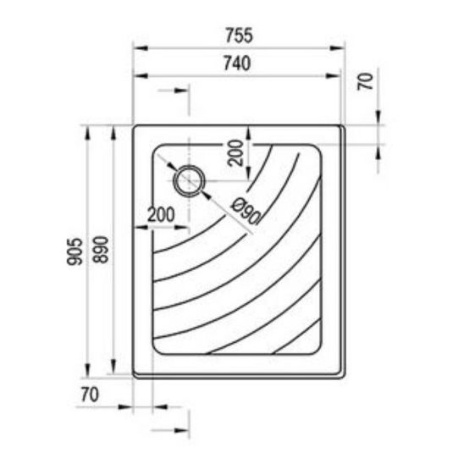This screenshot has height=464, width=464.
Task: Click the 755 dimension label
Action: pyautogui.click(x=239, y=36)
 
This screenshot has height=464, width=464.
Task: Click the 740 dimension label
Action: pyautogui.click(x=237, y=64)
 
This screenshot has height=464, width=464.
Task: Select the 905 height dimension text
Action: pyautogui.click(x=75, y=251)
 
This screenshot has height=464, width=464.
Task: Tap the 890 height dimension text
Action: pyautogui.click(x=101, y=250)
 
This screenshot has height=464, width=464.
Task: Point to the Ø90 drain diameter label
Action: pyautogui.click(x=246, y=211)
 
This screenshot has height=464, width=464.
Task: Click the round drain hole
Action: pyautogui.click(x=189, y=180)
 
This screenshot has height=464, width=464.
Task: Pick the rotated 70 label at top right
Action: pyautogui.click(x=366, y=81)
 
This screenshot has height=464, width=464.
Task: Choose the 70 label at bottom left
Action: pyautogui.click(x=90, y=395)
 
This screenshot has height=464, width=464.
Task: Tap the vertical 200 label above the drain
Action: pyautogui.click(x=236, y=153)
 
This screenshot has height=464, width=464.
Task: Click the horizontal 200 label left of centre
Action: pyautogui.click(x=161, y=214)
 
